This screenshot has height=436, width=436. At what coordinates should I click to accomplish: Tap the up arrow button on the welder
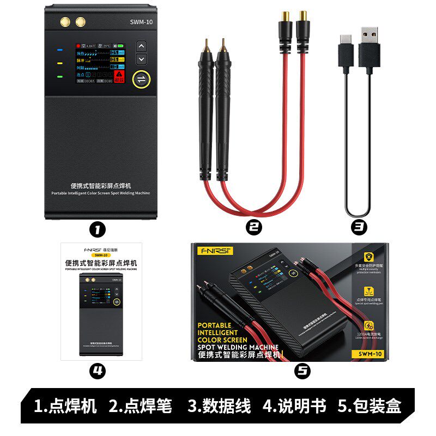pos(141,46)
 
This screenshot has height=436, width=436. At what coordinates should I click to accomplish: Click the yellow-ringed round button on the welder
pos(141,80)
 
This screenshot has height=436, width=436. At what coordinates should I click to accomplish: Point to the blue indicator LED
pos(60,50)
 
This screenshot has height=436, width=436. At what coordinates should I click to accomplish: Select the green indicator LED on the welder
pos(60,76)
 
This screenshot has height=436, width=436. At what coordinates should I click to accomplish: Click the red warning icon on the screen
pos(119,76)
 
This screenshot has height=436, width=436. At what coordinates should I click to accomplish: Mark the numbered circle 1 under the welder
pos(96,229)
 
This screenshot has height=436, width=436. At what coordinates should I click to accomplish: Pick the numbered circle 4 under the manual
pos(97,371)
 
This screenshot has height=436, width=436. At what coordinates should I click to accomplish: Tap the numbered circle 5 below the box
pos(302,371)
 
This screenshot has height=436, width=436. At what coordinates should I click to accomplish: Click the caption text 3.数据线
pos(219,406)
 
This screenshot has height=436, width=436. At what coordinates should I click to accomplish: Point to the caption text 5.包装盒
pos(370,406)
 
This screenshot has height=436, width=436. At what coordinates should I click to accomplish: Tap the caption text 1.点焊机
pos(65,406)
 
